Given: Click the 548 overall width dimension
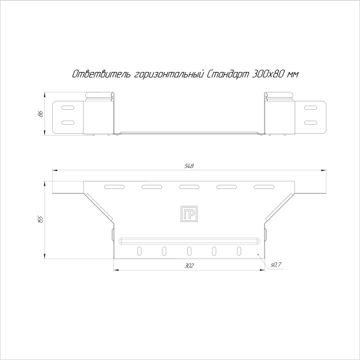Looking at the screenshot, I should [x=190, y=166].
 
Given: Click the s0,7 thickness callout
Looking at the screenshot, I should [x=276, y=264].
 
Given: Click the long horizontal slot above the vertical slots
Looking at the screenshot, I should [x=190, y=241].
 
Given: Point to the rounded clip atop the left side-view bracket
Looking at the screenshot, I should [x=100, y=95].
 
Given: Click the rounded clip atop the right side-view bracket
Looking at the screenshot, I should [x=280, y=95].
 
